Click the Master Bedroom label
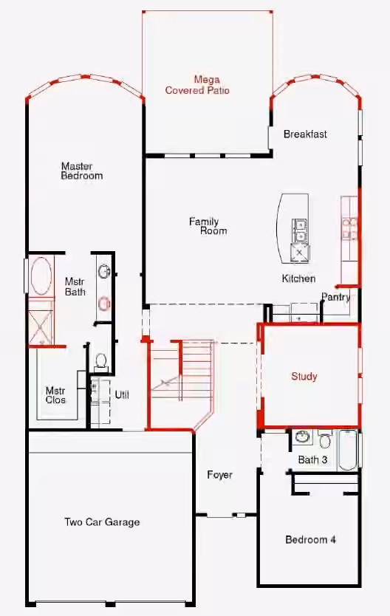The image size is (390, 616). point(82,171)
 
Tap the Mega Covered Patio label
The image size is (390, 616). point(197,85)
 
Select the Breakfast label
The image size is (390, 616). point(305,134)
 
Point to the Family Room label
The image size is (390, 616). point(208,226)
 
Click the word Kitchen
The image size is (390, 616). point(298,278)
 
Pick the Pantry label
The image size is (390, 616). point(336,297)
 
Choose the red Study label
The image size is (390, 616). point(304,377)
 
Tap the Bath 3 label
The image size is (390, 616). point(312,459)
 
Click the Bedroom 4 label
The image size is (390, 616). point(310,539)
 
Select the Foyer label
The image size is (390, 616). point(219,475)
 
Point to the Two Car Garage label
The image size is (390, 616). point(102,522)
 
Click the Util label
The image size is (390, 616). point(122,395)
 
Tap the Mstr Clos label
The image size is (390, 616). point(55,395)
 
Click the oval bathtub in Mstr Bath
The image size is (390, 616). point(41,276)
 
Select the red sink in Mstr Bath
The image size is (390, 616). point(104,304)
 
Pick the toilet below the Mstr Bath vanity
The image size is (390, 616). point(101,360)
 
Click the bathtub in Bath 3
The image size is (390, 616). point(348,451)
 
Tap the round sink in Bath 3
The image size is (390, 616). point(302,437)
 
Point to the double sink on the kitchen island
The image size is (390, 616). point(301,230)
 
